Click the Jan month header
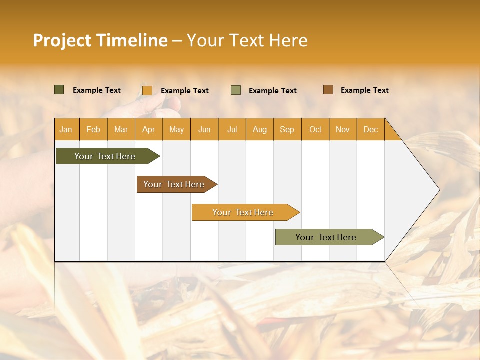coord(66,129)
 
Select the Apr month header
coord(149,129)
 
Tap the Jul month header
coord(232,129)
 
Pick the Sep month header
coord(287,129)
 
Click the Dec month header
coord(370,129)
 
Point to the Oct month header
coord(315,129)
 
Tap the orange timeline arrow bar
coord(243,212)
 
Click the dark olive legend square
coord(59,90)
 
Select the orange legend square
coord(147,90)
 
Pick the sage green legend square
coord(235,90)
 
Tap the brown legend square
coord(328,90)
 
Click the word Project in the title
coord(62,40)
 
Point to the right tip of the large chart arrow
coord(438,189)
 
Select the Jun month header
coord(204,129)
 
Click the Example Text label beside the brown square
coord(364,90)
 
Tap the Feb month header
coord(93,129)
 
